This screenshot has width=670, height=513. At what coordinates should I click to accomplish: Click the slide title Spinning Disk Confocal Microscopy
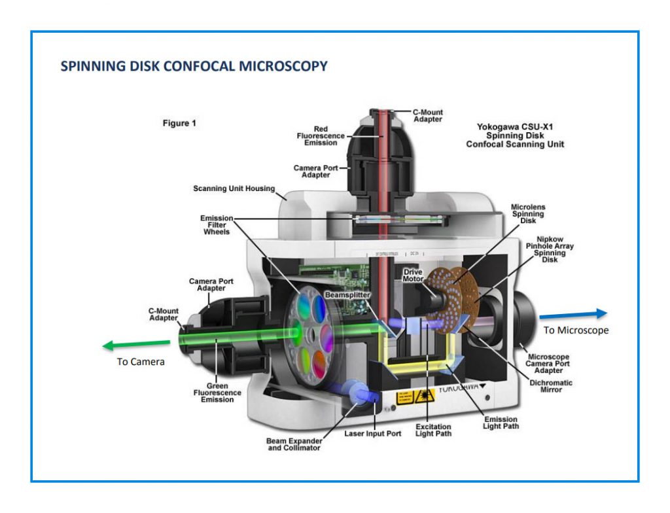pos(194,66)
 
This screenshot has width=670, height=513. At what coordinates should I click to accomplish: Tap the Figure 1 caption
pos(179,123)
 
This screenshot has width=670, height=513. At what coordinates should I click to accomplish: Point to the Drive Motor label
pos(414,275)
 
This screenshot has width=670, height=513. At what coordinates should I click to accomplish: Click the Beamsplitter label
pos(347,295)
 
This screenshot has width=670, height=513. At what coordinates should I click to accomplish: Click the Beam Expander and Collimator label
pos(293,444)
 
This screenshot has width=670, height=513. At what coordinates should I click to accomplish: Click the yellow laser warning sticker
pos(406,396)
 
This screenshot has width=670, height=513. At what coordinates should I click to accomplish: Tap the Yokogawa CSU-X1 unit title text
pos(515,135)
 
